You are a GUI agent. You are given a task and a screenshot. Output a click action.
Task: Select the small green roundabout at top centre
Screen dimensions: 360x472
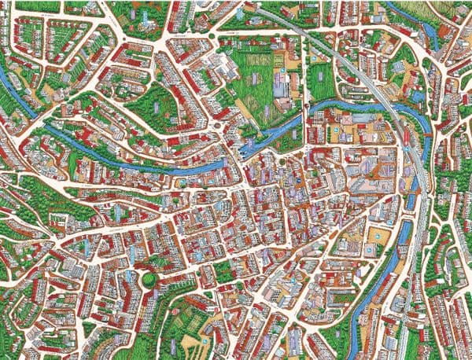coord(211,36)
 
